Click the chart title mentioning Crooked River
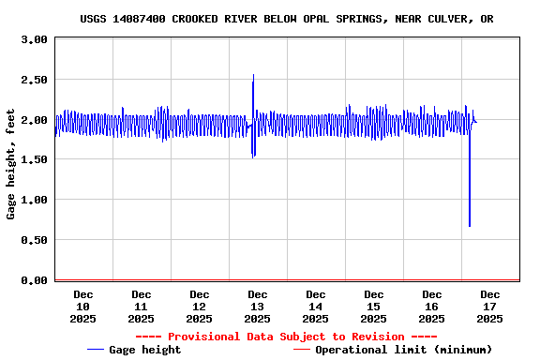[x=287, y=19]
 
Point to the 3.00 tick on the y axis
[x=33, y=40]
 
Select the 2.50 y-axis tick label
[x=33, y=81]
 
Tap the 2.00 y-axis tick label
[x=33, y=120]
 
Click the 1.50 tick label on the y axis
[x=33, y=160]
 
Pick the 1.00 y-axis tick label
[x=33, y=201]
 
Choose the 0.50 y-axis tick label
[x=33, y=241]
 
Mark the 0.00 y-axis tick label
[x=33, y=280]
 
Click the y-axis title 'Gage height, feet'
[x=11, y=159]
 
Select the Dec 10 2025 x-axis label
[x=82, y=307]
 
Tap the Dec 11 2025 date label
[x=141, y=307]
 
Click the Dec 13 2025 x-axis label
[x=257, y=307]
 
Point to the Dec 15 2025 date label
[x=373, y=307]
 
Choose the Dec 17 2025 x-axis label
[x=489, y=307]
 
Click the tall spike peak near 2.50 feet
[x=253, y=76]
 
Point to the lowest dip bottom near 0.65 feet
[x=470, y=226]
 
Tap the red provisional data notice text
[x=286, y=337]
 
